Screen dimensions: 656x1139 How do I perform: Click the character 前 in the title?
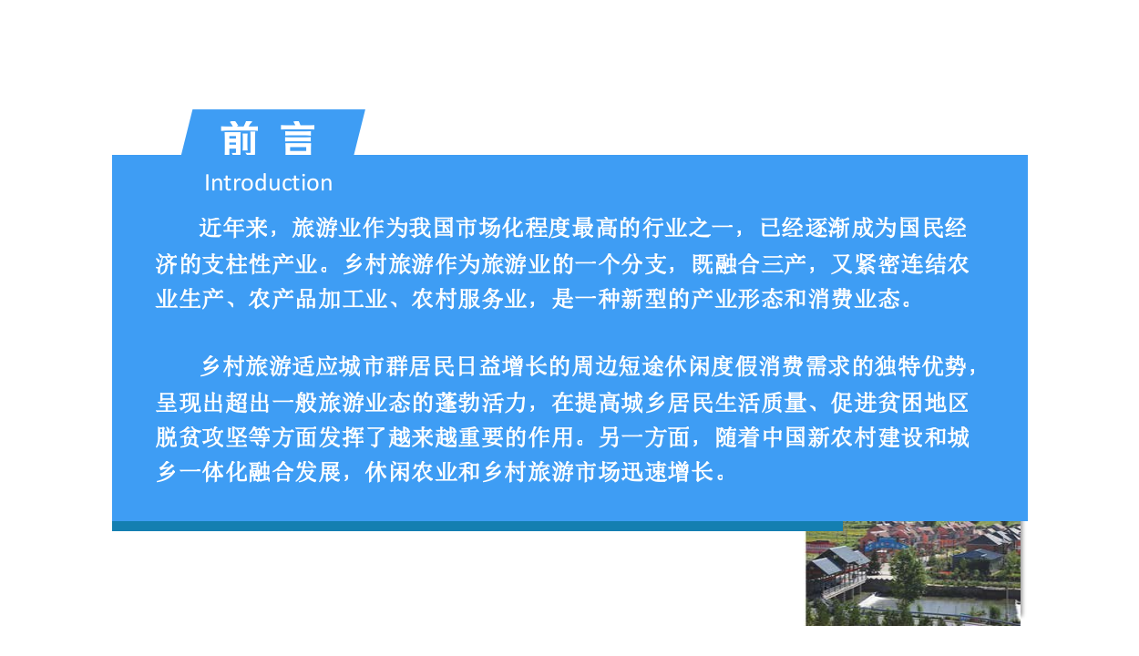point(239,139)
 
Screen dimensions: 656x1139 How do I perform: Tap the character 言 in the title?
point(298,139)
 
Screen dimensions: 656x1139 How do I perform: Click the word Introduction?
point(268,183)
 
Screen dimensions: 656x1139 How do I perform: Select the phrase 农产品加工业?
point(317,300)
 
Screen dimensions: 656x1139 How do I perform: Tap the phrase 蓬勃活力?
point(481,403)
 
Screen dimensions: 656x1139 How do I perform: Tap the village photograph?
point(912,573)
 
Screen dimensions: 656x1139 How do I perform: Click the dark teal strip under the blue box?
point(456,526)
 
